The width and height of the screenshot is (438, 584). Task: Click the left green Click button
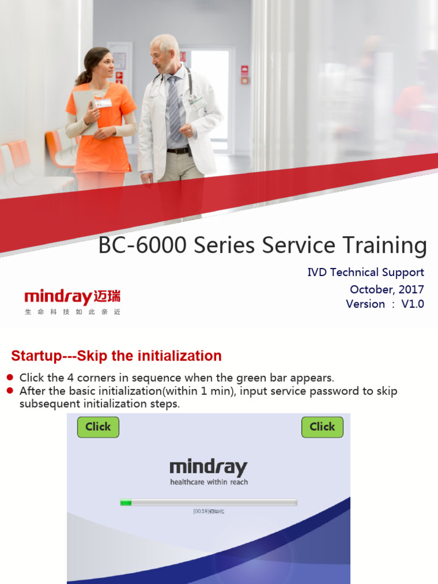[98, 427]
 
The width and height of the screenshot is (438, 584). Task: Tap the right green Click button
[322, 427]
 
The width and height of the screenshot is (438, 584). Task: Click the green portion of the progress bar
[126, 502]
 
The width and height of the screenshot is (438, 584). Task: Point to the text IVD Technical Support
[366, 273]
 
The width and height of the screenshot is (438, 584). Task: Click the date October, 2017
[387, 289]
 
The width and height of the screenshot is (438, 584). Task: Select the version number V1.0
[412, 304]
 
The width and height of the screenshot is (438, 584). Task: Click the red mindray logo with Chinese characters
[72, 298]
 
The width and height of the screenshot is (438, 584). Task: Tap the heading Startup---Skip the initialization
[116, 356]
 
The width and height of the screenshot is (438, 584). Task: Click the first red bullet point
[9, 378]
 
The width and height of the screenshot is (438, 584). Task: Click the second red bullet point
[9, 391]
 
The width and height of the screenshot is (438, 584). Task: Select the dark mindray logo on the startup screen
[209, 468]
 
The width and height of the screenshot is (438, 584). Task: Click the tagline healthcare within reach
[209, 482]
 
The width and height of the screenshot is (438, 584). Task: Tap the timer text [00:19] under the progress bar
[201, 512]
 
